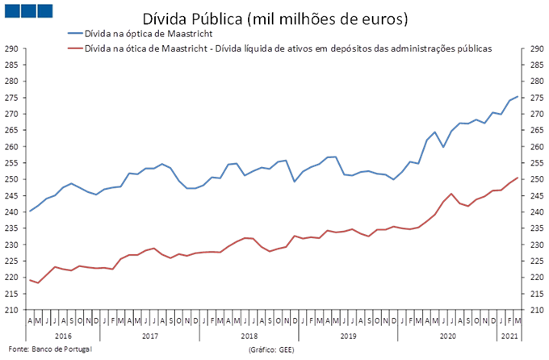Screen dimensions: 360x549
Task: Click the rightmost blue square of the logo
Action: (45, 10)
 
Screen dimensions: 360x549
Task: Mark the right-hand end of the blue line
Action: (518, 96)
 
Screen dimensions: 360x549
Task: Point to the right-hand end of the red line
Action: (518, 177)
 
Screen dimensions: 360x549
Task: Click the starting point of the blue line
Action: (30, 211)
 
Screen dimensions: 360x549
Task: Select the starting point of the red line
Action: (30, 279)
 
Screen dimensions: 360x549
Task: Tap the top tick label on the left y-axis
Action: (12, 49)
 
